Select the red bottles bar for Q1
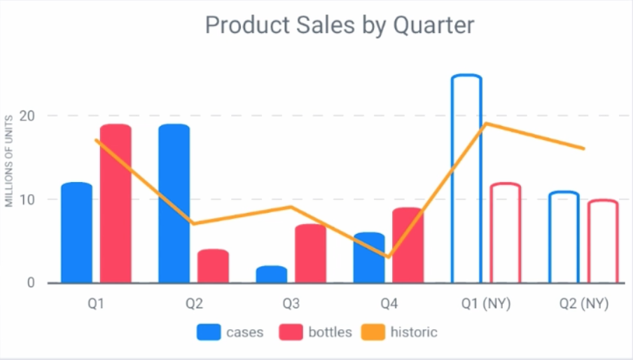pos(116,204)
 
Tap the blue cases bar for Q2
pos(174,204)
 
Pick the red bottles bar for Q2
pos(213,266)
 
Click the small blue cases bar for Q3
pos(271,275)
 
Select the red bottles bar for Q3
pos(310,254)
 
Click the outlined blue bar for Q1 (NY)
pos(466,179)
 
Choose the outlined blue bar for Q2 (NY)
pos(564,237)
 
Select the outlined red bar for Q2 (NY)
pos(602,242)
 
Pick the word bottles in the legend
pos(330,332)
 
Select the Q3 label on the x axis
pos(291,305)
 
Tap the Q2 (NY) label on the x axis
pos(583,305)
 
